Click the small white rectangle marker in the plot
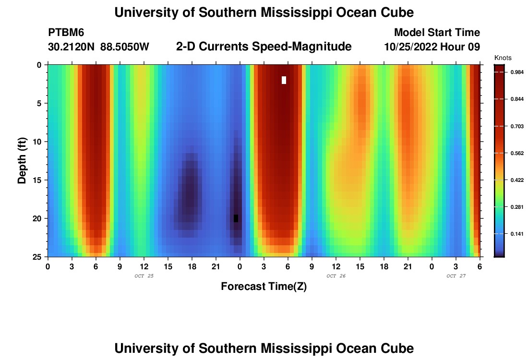(x=284, y=80)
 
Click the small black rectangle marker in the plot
(x=236, y=218)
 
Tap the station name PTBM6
(x=66, y=33)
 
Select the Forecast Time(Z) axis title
(x=264, y=287)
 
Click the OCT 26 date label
(x=336, y=276)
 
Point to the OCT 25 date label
(x=144, y=276)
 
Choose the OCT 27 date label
(x=456, y=276)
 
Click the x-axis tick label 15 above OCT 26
(x=360, y=266)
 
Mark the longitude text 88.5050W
(x=125, y=47)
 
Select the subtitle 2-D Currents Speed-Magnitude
(x=264, y=47)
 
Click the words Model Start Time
(x=436, y=33)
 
